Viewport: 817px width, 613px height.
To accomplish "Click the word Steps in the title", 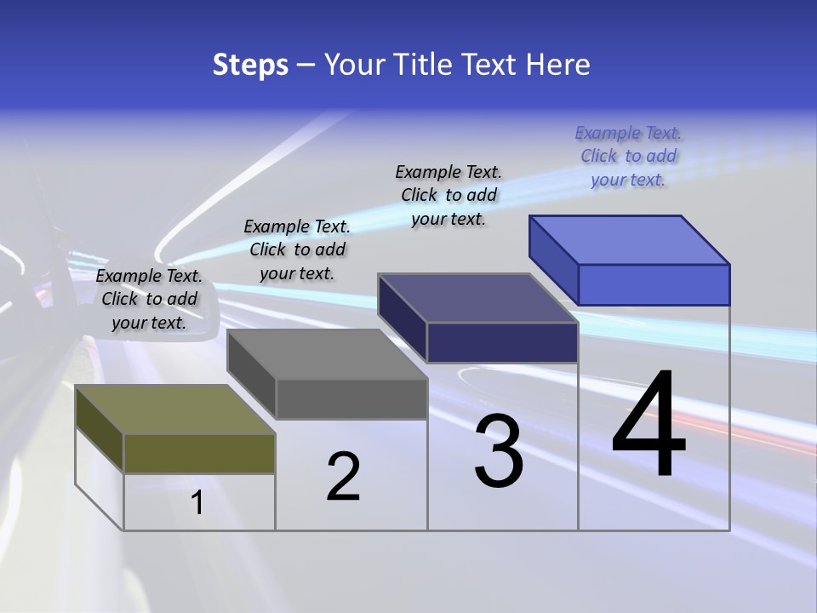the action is click(250, 65).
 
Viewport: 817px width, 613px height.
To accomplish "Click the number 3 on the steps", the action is click(499, 450).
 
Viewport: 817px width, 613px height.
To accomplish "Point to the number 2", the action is click(343, 476).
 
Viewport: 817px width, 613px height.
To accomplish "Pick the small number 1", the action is click(197, 502).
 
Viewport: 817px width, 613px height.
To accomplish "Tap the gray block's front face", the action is click(351, 398).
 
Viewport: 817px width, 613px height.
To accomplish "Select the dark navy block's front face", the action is click(502, 342).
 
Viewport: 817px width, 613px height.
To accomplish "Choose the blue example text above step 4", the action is click(628, 156).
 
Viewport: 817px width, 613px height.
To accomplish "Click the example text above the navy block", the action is click(448, 195).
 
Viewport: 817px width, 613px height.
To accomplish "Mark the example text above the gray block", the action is click(297, 249).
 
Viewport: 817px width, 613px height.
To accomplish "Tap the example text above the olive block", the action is click(149, 299).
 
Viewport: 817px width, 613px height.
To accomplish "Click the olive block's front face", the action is click(199, 453).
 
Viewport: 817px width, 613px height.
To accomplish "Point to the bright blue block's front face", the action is click(654, 284).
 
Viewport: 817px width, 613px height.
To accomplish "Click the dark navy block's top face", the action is click(477, 298).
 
